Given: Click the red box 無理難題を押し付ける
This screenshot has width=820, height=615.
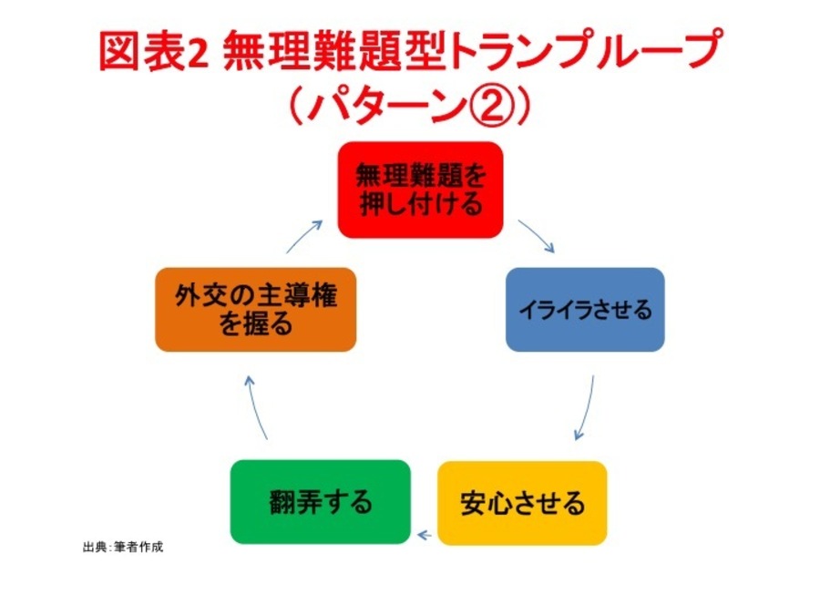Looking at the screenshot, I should [x=420, y=190].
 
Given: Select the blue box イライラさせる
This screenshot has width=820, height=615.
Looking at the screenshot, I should [x=585, y=309].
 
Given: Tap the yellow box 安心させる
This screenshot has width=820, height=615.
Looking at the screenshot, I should [x=522, y=502].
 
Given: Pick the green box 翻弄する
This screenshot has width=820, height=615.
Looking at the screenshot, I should [x=320, y=502].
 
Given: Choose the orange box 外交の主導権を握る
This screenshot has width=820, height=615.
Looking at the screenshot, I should [x=255, y=310].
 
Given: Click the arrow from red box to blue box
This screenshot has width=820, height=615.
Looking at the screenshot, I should [x=538, y=237].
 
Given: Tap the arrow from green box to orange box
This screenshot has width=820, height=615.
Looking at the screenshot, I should [x=256, y=409].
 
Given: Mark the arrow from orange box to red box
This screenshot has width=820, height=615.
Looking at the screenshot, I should [x=305, y=236].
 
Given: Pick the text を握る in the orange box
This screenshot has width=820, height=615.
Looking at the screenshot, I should [x=256, y=324].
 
